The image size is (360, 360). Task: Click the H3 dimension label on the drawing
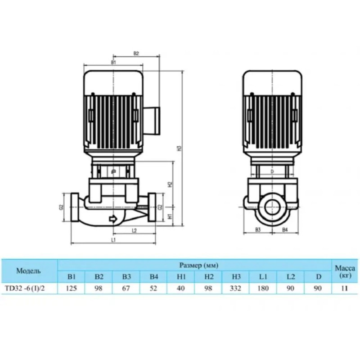[x=180, y=148]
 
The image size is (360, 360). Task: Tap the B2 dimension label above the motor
[x=136, y=53]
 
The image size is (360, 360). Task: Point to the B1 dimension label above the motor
[x=113, y=62]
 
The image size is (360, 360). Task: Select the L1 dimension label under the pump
[x=113, y=240]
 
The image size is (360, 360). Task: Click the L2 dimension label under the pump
[x=135, y=230]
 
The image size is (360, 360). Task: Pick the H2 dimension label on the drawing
[x=170, y=184]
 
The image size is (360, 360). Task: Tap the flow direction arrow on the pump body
[x=113, y=219]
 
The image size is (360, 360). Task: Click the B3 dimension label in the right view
[x=258, y=229]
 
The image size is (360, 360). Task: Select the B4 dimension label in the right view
[x=285, y=229]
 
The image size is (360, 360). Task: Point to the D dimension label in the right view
[x=272, y=171]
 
